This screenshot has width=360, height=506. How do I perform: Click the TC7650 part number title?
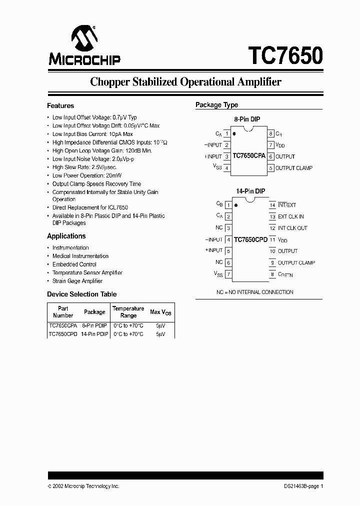[285, 54]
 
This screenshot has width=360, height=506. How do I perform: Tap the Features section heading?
[60, 106]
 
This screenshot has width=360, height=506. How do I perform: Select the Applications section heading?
[66, 236]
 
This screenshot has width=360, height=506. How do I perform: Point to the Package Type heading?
[216, 105]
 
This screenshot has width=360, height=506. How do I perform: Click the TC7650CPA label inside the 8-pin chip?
[249, 156]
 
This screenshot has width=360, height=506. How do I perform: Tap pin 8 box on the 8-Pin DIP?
[270, 133]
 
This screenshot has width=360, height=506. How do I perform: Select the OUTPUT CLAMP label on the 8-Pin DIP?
[294, 168]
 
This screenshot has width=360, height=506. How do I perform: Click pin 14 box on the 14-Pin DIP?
[272, 205]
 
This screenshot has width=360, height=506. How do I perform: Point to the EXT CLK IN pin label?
[290, 216]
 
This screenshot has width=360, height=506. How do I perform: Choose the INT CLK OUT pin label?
[292, 228]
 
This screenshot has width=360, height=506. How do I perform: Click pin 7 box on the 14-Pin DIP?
[228, 274]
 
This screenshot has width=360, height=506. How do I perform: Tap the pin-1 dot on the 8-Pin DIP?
[235, 134]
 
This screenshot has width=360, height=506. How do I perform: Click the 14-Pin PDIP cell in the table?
[94, 333]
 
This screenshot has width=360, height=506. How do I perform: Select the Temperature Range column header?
[128, 312]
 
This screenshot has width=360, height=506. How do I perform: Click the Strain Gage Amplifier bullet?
[77, 281]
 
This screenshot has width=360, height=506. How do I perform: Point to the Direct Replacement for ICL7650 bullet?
[90, 207]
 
